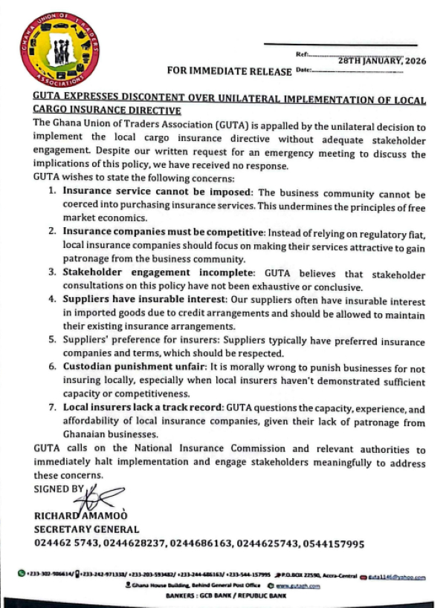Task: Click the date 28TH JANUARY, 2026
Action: click(x=381, y=61)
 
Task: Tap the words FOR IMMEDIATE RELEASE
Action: click(x=229, y=71)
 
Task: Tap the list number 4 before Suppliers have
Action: click(x=52, y=300)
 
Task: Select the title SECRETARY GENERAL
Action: click(x=86, y=529)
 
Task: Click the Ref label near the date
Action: click(x=301, y=54)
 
